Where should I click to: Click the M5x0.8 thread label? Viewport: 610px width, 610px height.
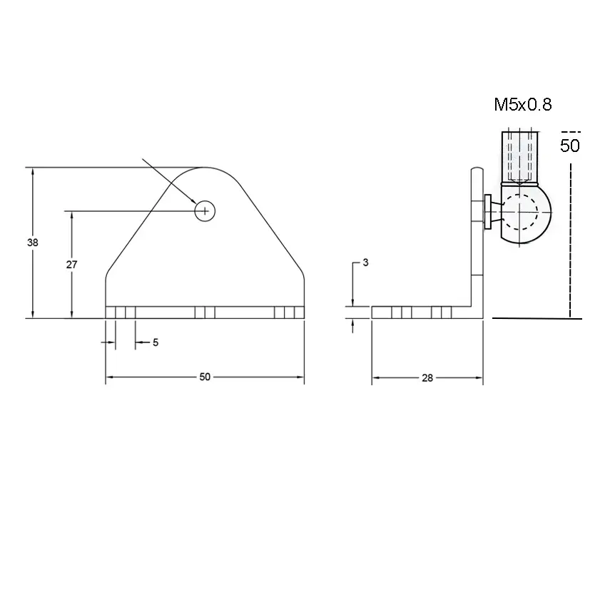tap(523, 105)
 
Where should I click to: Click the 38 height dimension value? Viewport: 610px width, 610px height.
tap(33, 243)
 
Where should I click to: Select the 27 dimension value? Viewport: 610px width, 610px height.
tap(71, 265)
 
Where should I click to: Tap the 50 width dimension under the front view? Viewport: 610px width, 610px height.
tap(205, 377)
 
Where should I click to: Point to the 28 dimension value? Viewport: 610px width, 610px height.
tap(427, 377)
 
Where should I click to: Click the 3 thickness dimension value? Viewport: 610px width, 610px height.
tap(365, 263)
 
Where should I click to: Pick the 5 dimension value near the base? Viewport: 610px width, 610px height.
tap(156, 342)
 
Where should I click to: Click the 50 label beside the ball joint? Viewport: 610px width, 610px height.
tap(570, 146)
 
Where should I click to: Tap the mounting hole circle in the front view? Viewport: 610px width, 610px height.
tap(205, 211)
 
